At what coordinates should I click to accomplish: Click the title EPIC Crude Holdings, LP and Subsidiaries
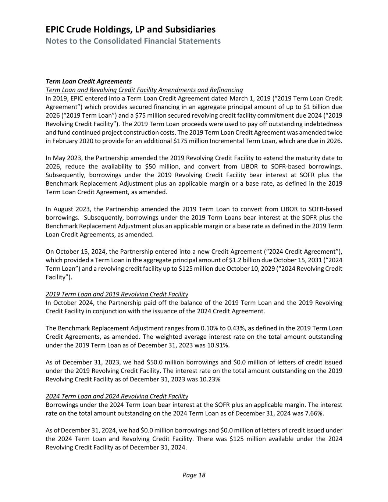coord(131,29)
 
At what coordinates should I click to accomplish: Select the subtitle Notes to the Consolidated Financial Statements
coord(133,41)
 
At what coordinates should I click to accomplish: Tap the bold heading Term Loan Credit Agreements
coord(89,81)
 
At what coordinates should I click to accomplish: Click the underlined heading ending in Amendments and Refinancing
coord(144,90)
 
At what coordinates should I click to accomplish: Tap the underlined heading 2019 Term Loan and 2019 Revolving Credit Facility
coord(117,294)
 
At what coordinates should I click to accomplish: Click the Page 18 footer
coord(194,475)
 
